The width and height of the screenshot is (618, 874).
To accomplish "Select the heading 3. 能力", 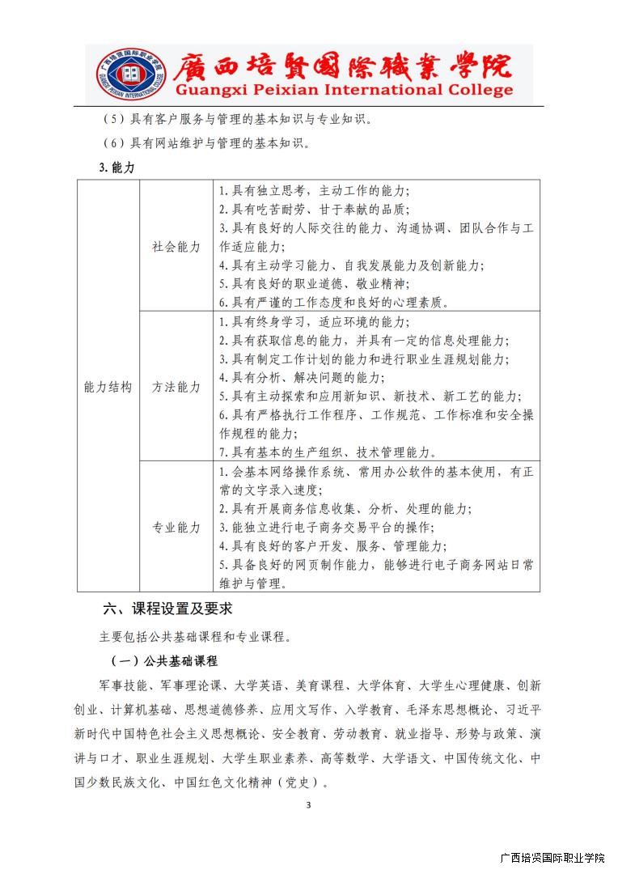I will point(116,167).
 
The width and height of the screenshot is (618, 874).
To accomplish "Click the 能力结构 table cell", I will point(108,387).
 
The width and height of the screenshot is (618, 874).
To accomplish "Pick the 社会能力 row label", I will point(176,247).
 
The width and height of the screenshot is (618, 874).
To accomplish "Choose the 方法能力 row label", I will point(176,387).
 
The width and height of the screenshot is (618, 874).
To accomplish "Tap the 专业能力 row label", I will point(176,527).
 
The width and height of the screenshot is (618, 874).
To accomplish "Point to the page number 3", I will point(308,804).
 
